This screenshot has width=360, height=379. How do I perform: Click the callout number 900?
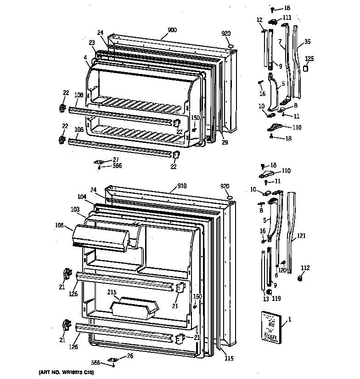pos(172,30)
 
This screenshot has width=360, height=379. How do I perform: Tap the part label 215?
pos(112,292)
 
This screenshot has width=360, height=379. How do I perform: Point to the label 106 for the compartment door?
pos(59,225)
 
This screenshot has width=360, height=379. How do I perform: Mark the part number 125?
pos(309,58)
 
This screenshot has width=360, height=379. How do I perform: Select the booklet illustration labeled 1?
pos(270,326)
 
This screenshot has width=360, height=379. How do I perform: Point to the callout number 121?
pos(300,236)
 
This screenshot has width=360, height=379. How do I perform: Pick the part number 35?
pos(307,42)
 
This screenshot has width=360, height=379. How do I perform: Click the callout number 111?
pos(287,17)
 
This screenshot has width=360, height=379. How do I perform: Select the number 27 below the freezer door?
pos(116,159)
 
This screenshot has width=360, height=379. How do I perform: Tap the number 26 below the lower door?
pos(129,356)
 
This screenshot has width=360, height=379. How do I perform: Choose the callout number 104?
pos(82,196)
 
